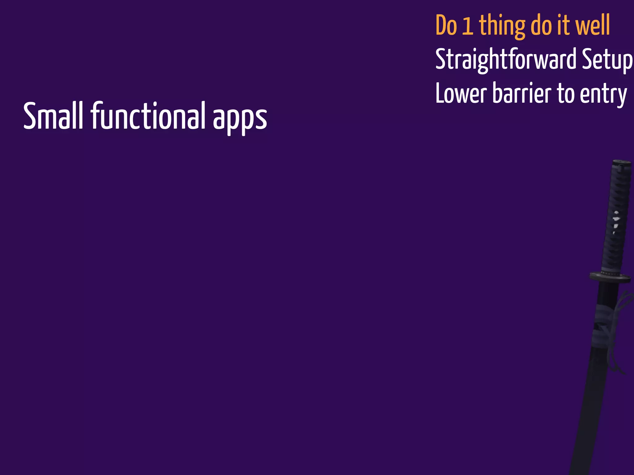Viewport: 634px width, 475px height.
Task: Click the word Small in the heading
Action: click(53, 116)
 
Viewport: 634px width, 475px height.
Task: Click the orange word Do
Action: click(446, 26)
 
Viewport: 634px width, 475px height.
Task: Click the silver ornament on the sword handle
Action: click(616, 220)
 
